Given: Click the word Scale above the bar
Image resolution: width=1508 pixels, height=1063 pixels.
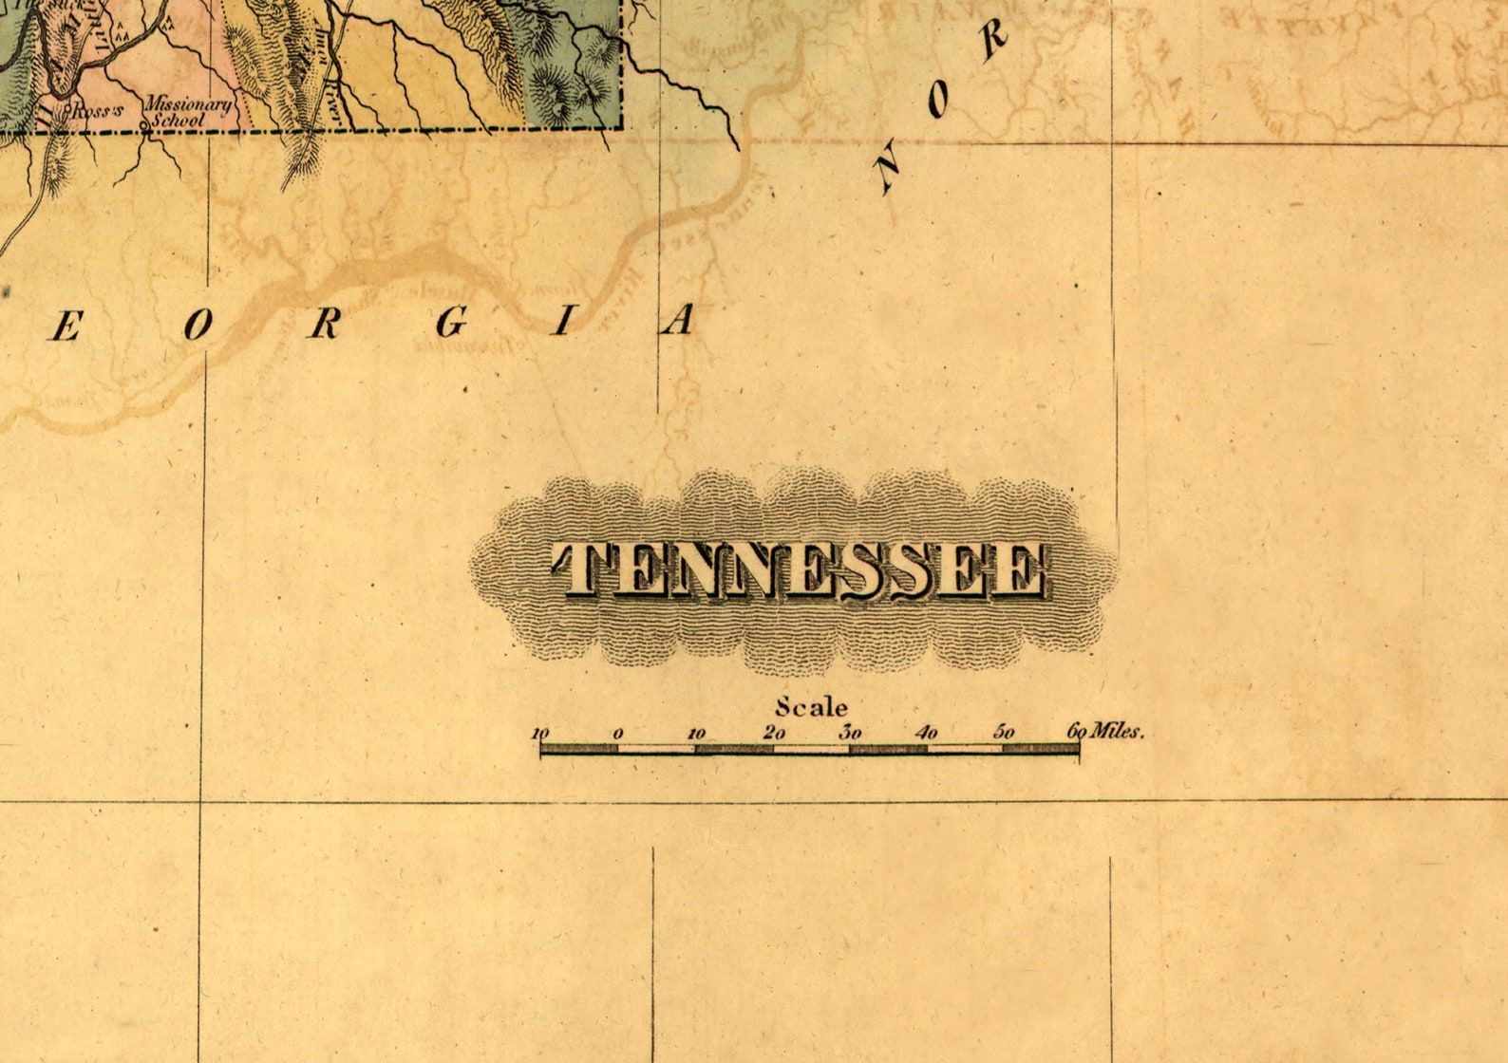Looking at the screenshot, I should (x=811, y=707).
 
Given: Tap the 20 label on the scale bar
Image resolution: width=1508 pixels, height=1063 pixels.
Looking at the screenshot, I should (x=773, y=733).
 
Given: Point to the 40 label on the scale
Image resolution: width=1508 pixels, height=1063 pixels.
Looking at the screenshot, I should (x=927, y=733).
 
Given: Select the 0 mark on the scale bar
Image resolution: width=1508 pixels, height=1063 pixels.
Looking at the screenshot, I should (x=618, y=734).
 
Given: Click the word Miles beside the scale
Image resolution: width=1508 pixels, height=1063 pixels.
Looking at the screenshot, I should (x=1118, y=732).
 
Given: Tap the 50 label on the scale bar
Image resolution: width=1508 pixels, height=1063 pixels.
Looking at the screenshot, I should (x=1004, y=733).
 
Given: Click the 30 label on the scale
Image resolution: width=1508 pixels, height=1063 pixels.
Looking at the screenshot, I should (x=850, y=733).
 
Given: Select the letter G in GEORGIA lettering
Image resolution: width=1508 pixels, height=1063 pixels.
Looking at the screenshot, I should (x=452, y=325).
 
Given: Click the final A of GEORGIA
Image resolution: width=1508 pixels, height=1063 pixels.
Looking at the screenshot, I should (x=678, y=322).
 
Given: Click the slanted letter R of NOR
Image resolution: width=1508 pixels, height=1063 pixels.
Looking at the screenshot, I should (x=992, y=41).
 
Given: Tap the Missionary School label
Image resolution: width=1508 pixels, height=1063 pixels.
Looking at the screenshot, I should (x=187, y=112).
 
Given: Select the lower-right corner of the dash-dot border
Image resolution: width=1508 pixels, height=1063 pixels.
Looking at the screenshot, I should (x=622, y=126).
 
